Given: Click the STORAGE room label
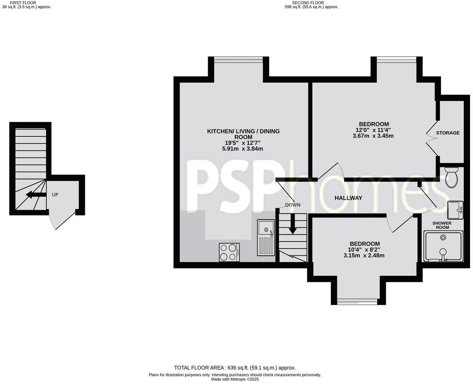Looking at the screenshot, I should click(448, 133).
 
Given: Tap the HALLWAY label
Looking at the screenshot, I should click(348, 198).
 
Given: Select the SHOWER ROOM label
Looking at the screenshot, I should click(442, 225).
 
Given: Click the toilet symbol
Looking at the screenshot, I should click(450, 177).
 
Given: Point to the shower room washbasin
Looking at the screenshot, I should click(456, 210).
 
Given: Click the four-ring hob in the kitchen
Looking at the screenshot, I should click(229, 252).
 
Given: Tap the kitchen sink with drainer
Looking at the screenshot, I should click(265, 238).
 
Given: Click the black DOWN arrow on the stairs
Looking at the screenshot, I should click(293, 224).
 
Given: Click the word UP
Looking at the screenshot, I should click(55, 195).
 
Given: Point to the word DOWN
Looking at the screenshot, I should click(293, 205).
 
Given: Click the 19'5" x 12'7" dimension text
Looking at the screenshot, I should click(243, 143).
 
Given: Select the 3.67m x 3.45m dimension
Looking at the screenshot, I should click(373, 136).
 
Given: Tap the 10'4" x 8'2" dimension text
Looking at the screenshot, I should click(364, 250).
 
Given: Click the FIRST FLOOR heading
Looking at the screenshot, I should click(23, 3).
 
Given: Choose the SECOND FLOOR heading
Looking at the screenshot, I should click(308, 3).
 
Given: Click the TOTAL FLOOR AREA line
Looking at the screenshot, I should click(235, 367).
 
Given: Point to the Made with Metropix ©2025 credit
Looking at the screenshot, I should click(235, 379).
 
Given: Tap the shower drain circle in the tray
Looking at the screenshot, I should click(443, 237).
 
